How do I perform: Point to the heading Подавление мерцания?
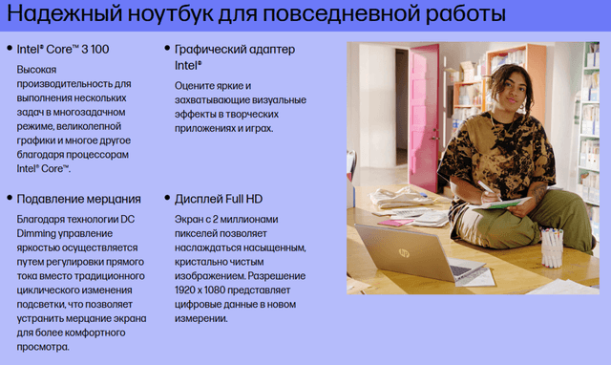(x=78, y=199)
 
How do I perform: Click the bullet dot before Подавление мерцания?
(x=10, y=199)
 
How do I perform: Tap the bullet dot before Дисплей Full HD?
(x=167, y=199)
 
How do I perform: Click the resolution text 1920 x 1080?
(x=208, y=290)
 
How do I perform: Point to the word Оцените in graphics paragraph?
(x=197, y=84)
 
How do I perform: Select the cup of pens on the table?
(x=552, y=247)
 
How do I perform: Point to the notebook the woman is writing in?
(x=506, y=203)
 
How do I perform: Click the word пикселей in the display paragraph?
(x=200, y=233)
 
